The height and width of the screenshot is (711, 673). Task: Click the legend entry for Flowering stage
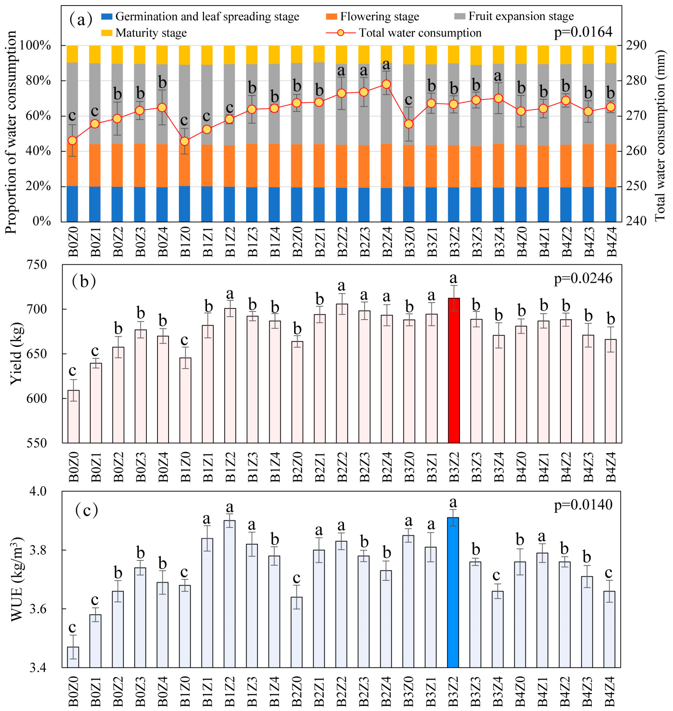379,16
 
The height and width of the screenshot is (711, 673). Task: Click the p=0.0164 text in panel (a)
583,32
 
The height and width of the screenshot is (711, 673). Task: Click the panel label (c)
86,510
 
